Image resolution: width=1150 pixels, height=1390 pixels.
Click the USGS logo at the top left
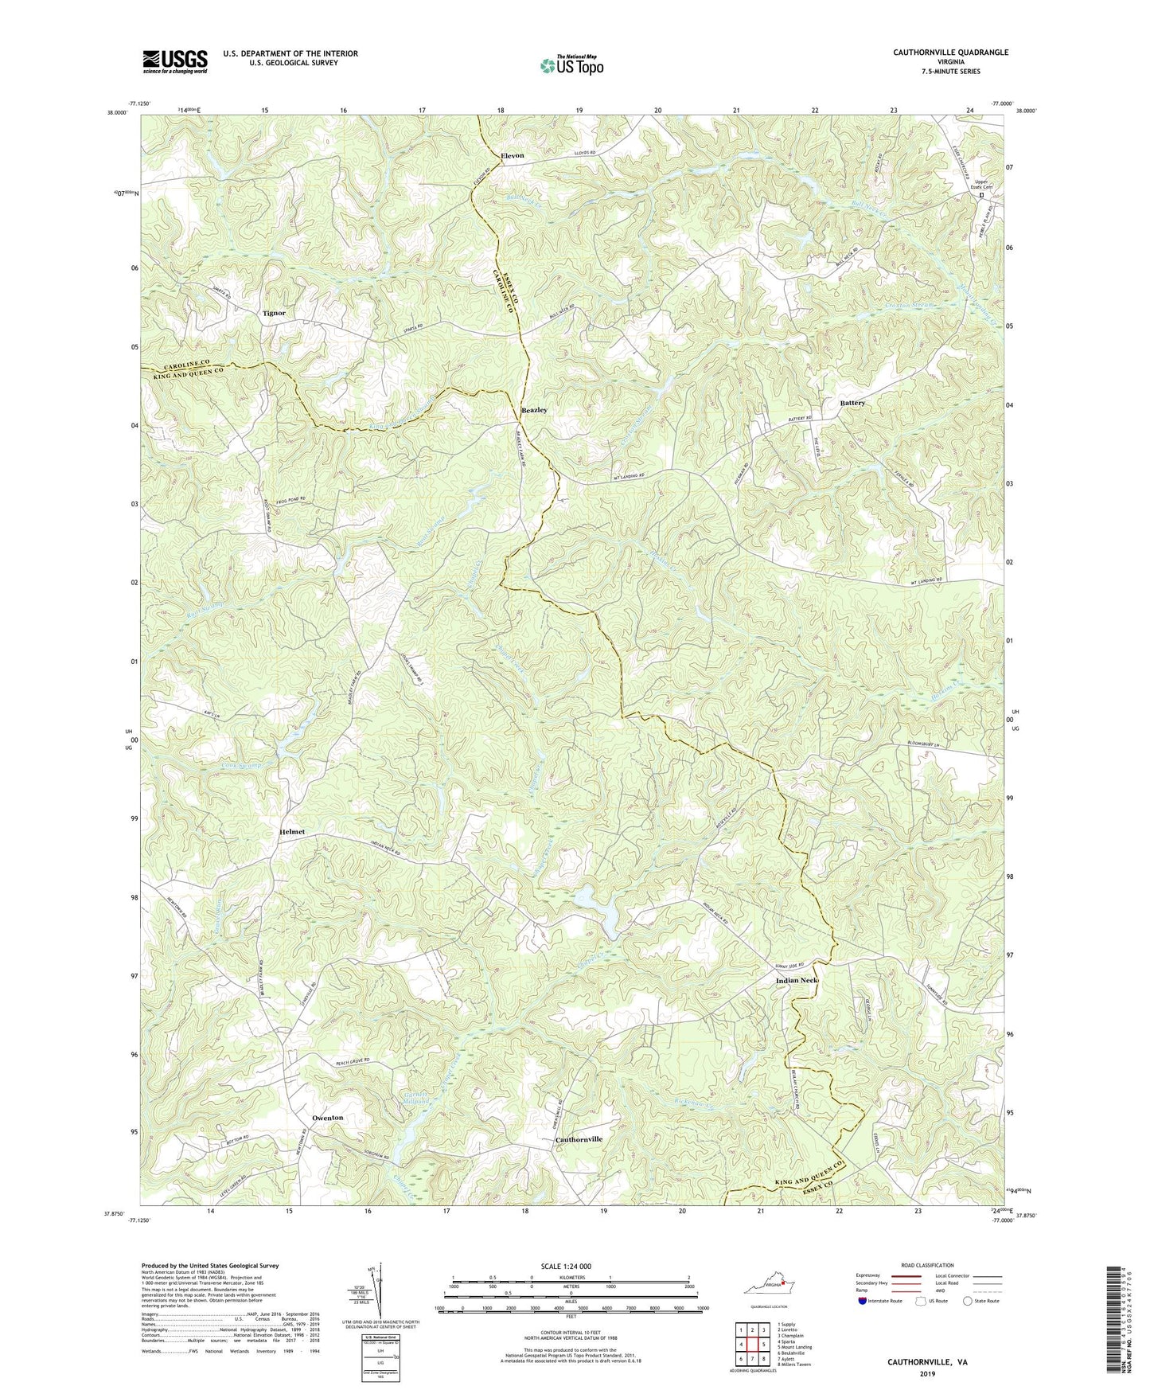pyautogui.click(x=175, y=61)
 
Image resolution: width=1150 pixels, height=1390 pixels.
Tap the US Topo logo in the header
pyautogui.click(x=571, y=66)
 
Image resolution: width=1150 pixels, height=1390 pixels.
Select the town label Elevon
pyautogui.click(x=512, y=155)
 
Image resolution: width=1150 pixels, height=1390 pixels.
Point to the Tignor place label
pyautogui.click(x=274, y=313)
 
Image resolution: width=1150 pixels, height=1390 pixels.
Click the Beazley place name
pyautogui.click(x=534, y=410)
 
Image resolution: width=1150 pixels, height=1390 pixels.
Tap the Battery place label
pyautogui.click(x=852, y=404)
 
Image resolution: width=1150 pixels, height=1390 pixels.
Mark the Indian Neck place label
pyautogui.click(x=797, y=981)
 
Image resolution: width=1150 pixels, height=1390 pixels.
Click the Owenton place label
pyautogui.click(x=328, y=1118)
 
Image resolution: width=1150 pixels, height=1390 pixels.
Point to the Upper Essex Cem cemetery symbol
pyautogui.click(x=981, y=194)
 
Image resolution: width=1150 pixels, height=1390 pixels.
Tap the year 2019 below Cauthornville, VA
pyautogui.click(x=927, y=1373)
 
